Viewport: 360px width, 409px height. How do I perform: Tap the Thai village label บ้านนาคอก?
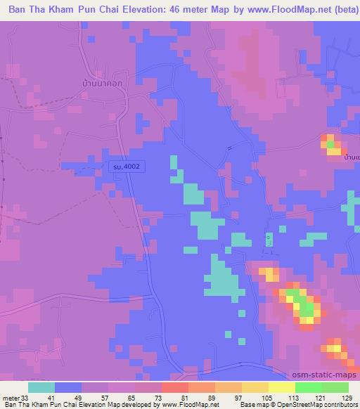pyautogui.click(x=101, y=82)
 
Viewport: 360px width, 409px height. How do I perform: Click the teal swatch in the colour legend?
pyautogui.click(x=41, y=387)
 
